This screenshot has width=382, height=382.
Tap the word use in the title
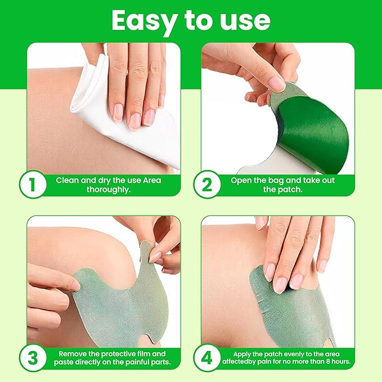pos(245,20)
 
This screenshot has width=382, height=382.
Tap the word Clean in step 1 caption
pos(67,181)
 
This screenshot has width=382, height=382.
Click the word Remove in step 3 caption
pos(73,353)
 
